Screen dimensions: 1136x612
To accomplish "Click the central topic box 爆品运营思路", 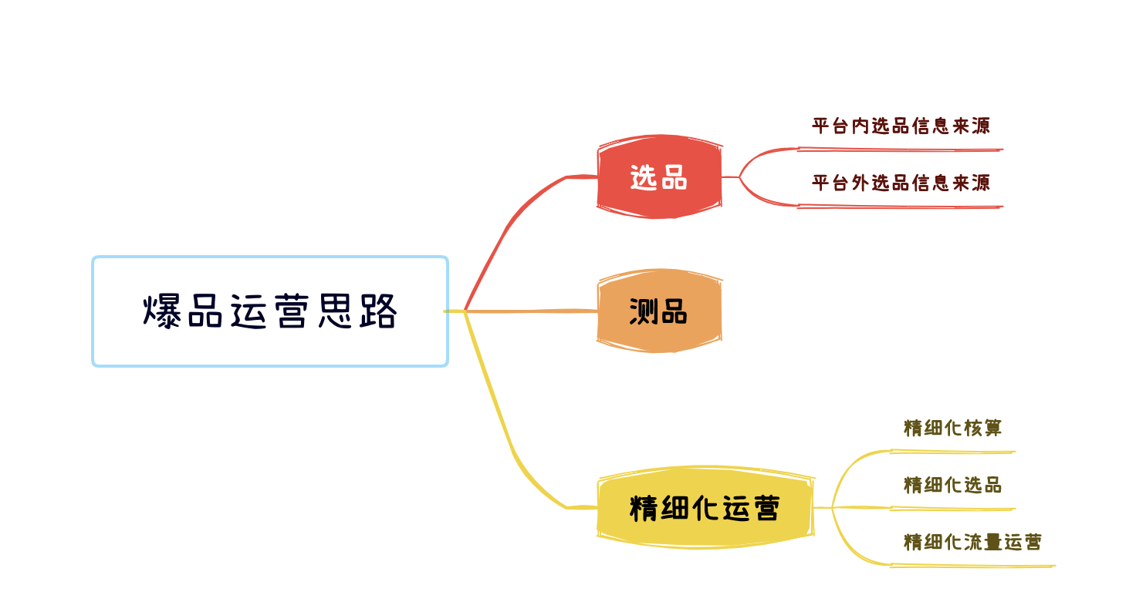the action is tap(270, 311).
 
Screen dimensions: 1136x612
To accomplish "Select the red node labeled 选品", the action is tap(659, 177).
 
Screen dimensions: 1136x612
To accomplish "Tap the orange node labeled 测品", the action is tap(659, 311).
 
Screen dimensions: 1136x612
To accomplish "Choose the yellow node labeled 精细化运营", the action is tap(705, 507).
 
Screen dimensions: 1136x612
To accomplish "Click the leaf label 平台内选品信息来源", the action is tap(901, 126).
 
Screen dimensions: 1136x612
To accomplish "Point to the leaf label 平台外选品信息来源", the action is tap(901, 183).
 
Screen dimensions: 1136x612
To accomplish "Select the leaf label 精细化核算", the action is tap(952, 428).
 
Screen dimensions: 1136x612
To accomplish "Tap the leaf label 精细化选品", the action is tap(952, 486).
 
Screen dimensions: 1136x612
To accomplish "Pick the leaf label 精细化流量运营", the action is tap(972, 542).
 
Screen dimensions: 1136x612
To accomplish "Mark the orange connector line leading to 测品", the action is tap(531, 311).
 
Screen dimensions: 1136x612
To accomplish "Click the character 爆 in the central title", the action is tap(162, 311).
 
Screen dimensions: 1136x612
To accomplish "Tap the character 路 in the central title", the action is tap(378, 311).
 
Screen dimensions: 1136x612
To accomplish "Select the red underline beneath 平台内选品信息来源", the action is tap(900, 150).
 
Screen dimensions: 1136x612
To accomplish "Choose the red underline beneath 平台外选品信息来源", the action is tap(900, 207).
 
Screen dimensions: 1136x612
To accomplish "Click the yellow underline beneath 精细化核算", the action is tap(952, 452).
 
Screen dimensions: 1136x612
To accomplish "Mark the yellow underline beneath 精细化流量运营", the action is tap(972, 566).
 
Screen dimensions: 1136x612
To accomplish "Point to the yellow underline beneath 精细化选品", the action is tap(952, 509).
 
